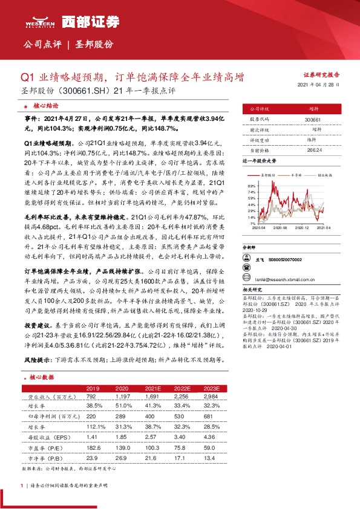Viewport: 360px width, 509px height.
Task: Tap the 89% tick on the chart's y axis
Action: point(252,186)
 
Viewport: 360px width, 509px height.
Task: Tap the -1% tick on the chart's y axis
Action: point(252,222)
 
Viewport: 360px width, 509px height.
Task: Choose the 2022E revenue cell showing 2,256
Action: point(183,397)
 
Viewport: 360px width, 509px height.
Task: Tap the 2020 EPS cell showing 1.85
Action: point(122,435)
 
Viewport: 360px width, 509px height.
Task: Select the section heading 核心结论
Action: point(46,105)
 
